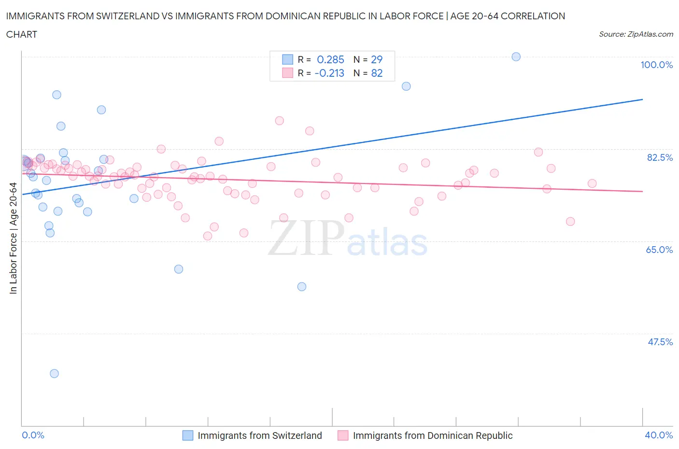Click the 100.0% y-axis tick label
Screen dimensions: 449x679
[x=656, y=65]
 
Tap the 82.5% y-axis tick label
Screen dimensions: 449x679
[x=660, y=157]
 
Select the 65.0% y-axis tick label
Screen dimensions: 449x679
[x=659, y=250]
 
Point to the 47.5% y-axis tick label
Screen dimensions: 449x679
[x=660, y=342]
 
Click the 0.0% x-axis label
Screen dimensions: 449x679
[x=33, y=435]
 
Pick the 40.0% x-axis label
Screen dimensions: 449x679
[x=659, y=435]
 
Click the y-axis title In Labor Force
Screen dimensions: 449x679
[x=13, y=238]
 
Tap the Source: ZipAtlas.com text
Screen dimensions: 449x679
[x=636, y=34]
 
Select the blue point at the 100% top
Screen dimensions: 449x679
[x=516, y=56]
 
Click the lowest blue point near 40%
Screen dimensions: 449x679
[x=54, y=373]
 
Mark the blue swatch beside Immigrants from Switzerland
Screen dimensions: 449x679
[x=187, y=435]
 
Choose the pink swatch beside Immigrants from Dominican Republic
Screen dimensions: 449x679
[x=343, y=435]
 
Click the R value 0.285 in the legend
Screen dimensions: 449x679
[x=330, y=59]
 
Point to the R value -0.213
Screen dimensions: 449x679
[x=329, y=73]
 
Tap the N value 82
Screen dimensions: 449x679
[x=377, y=73]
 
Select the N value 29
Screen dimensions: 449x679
[x=377, y=59]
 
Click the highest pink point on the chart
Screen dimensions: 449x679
[x=279, y=121]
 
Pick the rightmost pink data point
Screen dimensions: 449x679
[x=592, y=183]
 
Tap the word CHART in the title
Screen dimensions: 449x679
[x=22, y=34]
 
